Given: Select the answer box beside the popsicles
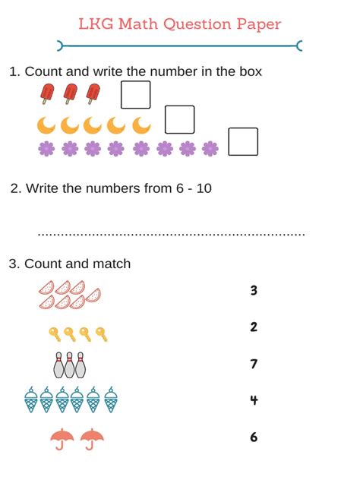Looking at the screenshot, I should point(136,95).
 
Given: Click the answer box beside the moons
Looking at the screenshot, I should point(180,119).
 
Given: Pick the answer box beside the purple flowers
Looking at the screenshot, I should point(243,142).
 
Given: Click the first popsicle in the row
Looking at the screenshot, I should point(47,94).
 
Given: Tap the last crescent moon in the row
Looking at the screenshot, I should point(142,125).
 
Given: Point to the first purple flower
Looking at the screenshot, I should point(46,148).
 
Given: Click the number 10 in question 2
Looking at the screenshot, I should point(204,188).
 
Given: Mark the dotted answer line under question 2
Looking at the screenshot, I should point(171,235).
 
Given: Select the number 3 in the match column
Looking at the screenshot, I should point(254,290).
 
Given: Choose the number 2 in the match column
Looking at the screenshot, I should point(254,327).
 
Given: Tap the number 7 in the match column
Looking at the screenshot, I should point(254,364).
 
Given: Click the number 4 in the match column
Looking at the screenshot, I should point(254,400).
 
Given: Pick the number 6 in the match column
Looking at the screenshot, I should point(254,437).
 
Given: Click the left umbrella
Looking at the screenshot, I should point(62,438).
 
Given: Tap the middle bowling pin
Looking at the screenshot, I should point(70,365).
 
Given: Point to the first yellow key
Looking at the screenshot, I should point(55,333).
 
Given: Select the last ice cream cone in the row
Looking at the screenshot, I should point(111,399).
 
